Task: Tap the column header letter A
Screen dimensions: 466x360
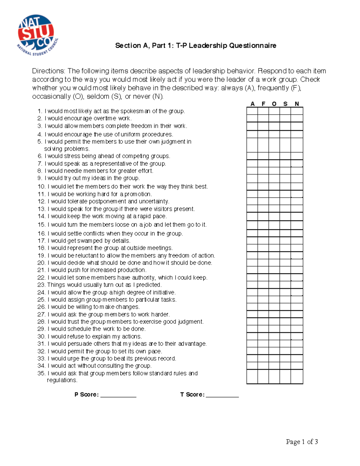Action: pos(253,104)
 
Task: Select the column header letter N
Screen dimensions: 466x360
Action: pos(297,104)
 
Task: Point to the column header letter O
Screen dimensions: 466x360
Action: pos(274,104)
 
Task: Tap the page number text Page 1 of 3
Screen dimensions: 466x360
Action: pos(302,442)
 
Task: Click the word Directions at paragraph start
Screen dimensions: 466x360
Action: pos(48,71)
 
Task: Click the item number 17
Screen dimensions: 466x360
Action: pos(41,241)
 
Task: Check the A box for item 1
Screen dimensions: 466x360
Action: pos(252,111)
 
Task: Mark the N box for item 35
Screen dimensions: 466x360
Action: pos(297,377)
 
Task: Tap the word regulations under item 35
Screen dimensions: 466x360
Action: pos(62,380)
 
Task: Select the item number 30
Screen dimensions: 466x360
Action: pos(41,336)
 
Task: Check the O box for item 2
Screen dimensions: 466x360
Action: pos(274,118)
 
